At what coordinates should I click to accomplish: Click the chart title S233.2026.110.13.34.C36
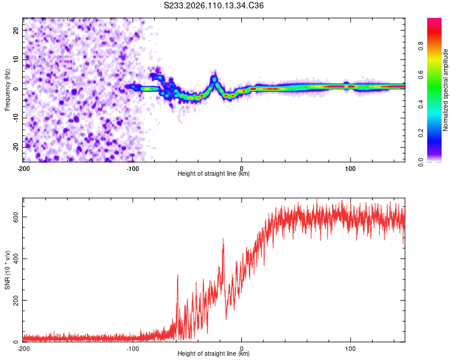[x=214, y=6]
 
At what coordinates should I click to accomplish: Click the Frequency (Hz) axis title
[x=7, y=89]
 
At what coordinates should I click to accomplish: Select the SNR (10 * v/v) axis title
[x=7, y=270]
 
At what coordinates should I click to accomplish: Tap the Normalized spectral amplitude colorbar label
[x=445, y=90]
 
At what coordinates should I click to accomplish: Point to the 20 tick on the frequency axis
[x=16, y=30]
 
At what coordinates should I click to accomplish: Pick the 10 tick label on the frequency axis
[x=16, y=59]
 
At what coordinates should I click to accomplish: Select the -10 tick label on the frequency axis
[x=15, y=118]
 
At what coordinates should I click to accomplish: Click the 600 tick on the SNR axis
[x=15, y=217]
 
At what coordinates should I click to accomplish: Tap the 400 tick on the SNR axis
[x=15, y=259]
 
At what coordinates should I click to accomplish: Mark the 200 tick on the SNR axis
[x=15, y=300]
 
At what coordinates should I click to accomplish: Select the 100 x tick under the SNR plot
[x=350, y=347]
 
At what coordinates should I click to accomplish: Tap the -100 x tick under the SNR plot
[x=132, y=347]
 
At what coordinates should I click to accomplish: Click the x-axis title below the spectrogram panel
[x=214, y=174]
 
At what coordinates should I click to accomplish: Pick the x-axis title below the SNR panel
[x=214, y=354]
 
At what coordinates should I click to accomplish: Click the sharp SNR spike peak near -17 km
[x=223, y=239]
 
